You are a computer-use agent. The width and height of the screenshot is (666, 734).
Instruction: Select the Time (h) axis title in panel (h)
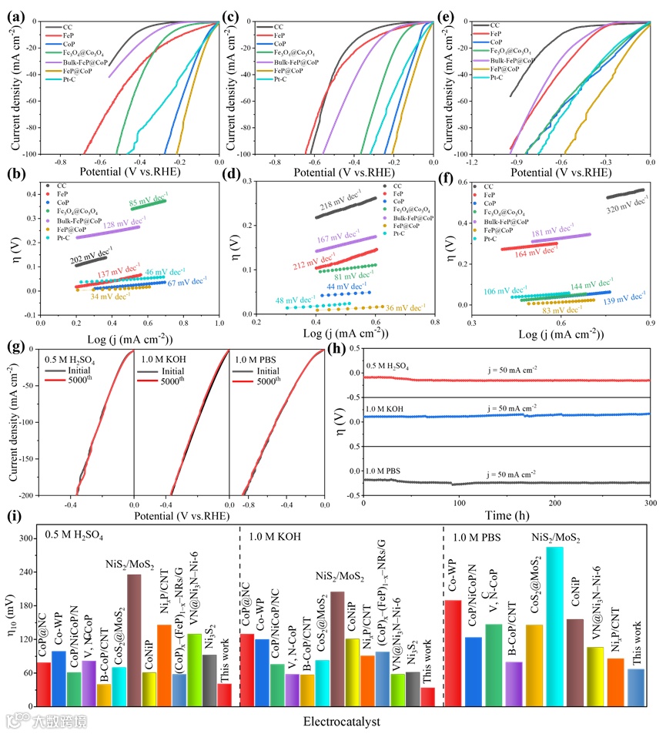tap(507, 517)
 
